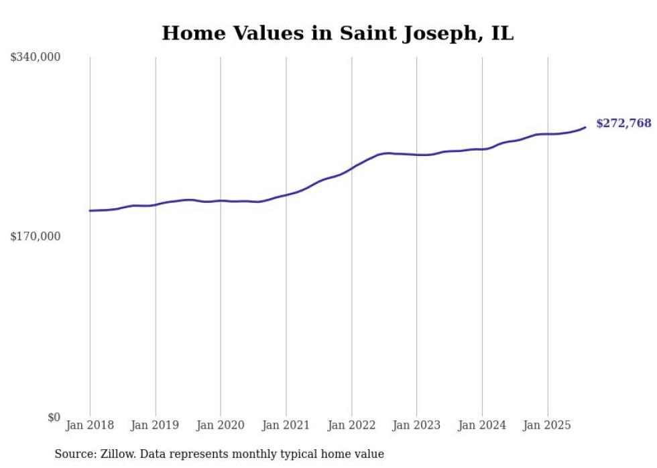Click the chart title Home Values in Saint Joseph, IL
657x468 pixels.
pos(338,33)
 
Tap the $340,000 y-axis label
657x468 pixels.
pos(36,58)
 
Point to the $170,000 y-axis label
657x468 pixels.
pos(36,236)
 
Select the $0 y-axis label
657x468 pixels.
pos(54,417)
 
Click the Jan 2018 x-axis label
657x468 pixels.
pos(90,425)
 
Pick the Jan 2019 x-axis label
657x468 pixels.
pos(155,425)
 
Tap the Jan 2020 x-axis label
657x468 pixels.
pos(221,425)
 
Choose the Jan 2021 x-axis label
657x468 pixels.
pos(286,425)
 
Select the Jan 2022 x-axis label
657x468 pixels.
pos(351,425)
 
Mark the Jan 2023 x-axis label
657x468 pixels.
pos(416,425)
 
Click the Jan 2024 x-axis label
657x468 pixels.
pos(482,425)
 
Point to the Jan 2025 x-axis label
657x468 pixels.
pos(547,425)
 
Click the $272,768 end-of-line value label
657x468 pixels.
pos(623,123)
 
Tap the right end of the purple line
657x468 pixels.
pos(585,127)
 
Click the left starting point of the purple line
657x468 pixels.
pos(90,211)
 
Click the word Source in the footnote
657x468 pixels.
pos(74,454)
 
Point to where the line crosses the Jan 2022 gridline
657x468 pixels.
pos(351,167)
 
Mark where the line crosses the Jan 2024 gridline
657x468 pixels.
pos(482,149)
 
